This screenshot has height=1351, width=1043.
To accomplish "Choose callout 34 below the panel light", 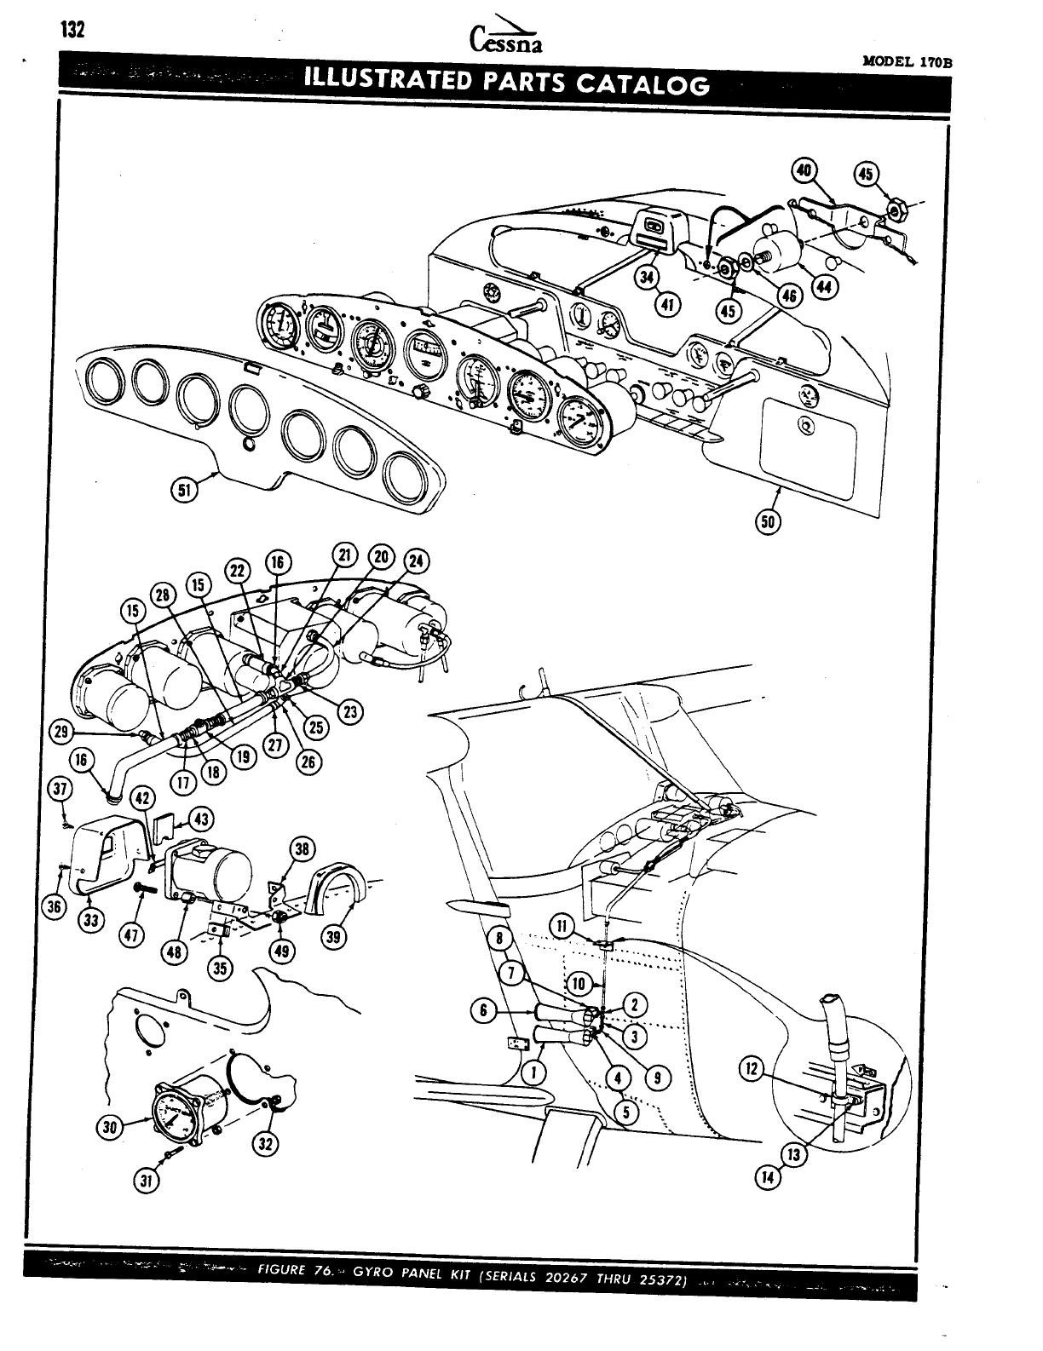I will (648, 277).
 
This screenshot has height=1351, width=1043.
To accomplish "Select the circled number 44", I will (823, 289).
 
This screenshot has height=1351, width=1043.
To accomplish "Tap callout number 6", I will (483, 1010).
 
